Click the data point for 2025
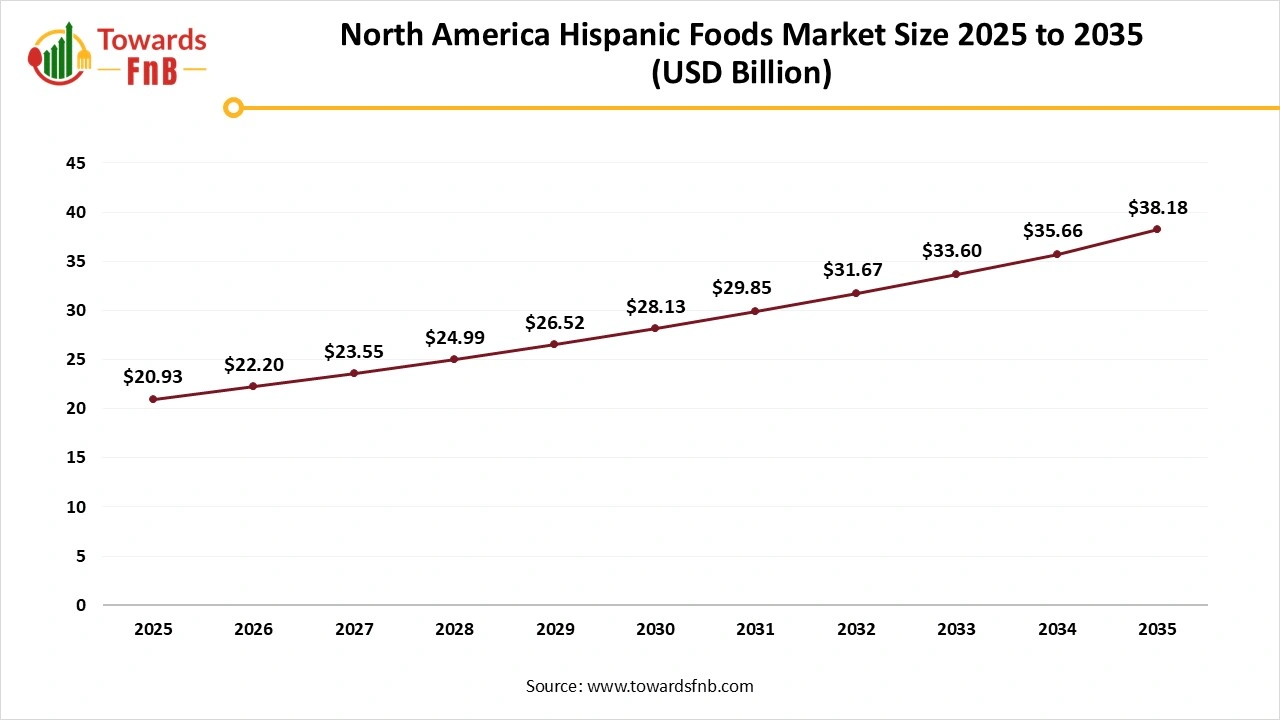coord(153,399)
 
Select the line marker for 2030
coord(655,328)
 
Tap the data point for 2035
coord(1157,229)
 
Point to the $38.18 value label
coord(1157,208)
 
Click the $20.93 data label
coord(153,377)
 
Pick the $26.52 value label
coord(555,323)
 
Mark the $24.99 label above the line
coord(454,338)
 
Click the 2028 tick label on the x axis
coord(454,630)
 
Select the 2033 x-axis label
coord(956,630)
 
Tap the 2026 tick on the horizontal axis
coord(253,630)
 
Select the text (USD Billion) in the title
coord(741,74)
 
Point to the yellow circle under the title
coord(233,107)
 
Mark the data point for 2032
coord(856,293)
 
